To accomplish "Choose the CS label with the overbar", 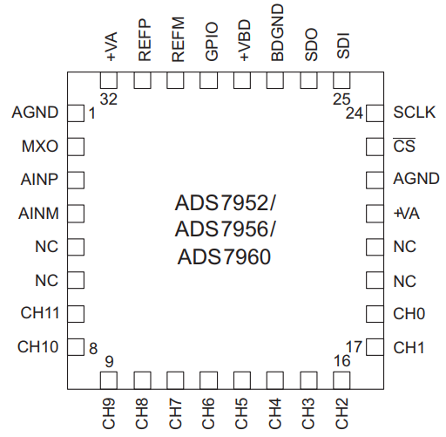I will pyautogui.click(x=403, y=146).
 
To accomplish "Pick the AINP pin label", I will pyautogui.click(x=39, y=180).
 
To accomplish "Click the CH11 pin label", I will pyautogui.click(x=39, y=313).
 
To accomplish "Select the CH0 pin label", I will pyautogui.click(x=408, y=313).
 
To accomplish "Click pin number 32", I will pyautogui.click(x=109, y=99).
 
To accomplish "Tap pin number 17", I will pyautogui.click(x=354, y=346).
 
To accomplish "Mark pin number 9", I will pyautogui.click(x=109, y=361).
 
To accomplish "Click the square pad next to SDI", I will pyautogui.click(x=342, y=80).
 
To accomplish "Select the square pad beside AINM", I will pyautogui.click(x=76, y=213).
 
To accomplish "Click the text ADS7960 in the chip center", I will pyautogui.click(x=223, y=257).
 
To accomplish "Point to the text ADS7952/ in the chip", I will pyautogui.click(x=225, y=203).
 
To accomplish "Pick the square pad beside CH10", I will pyautogui.click(x=76, y=347).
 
